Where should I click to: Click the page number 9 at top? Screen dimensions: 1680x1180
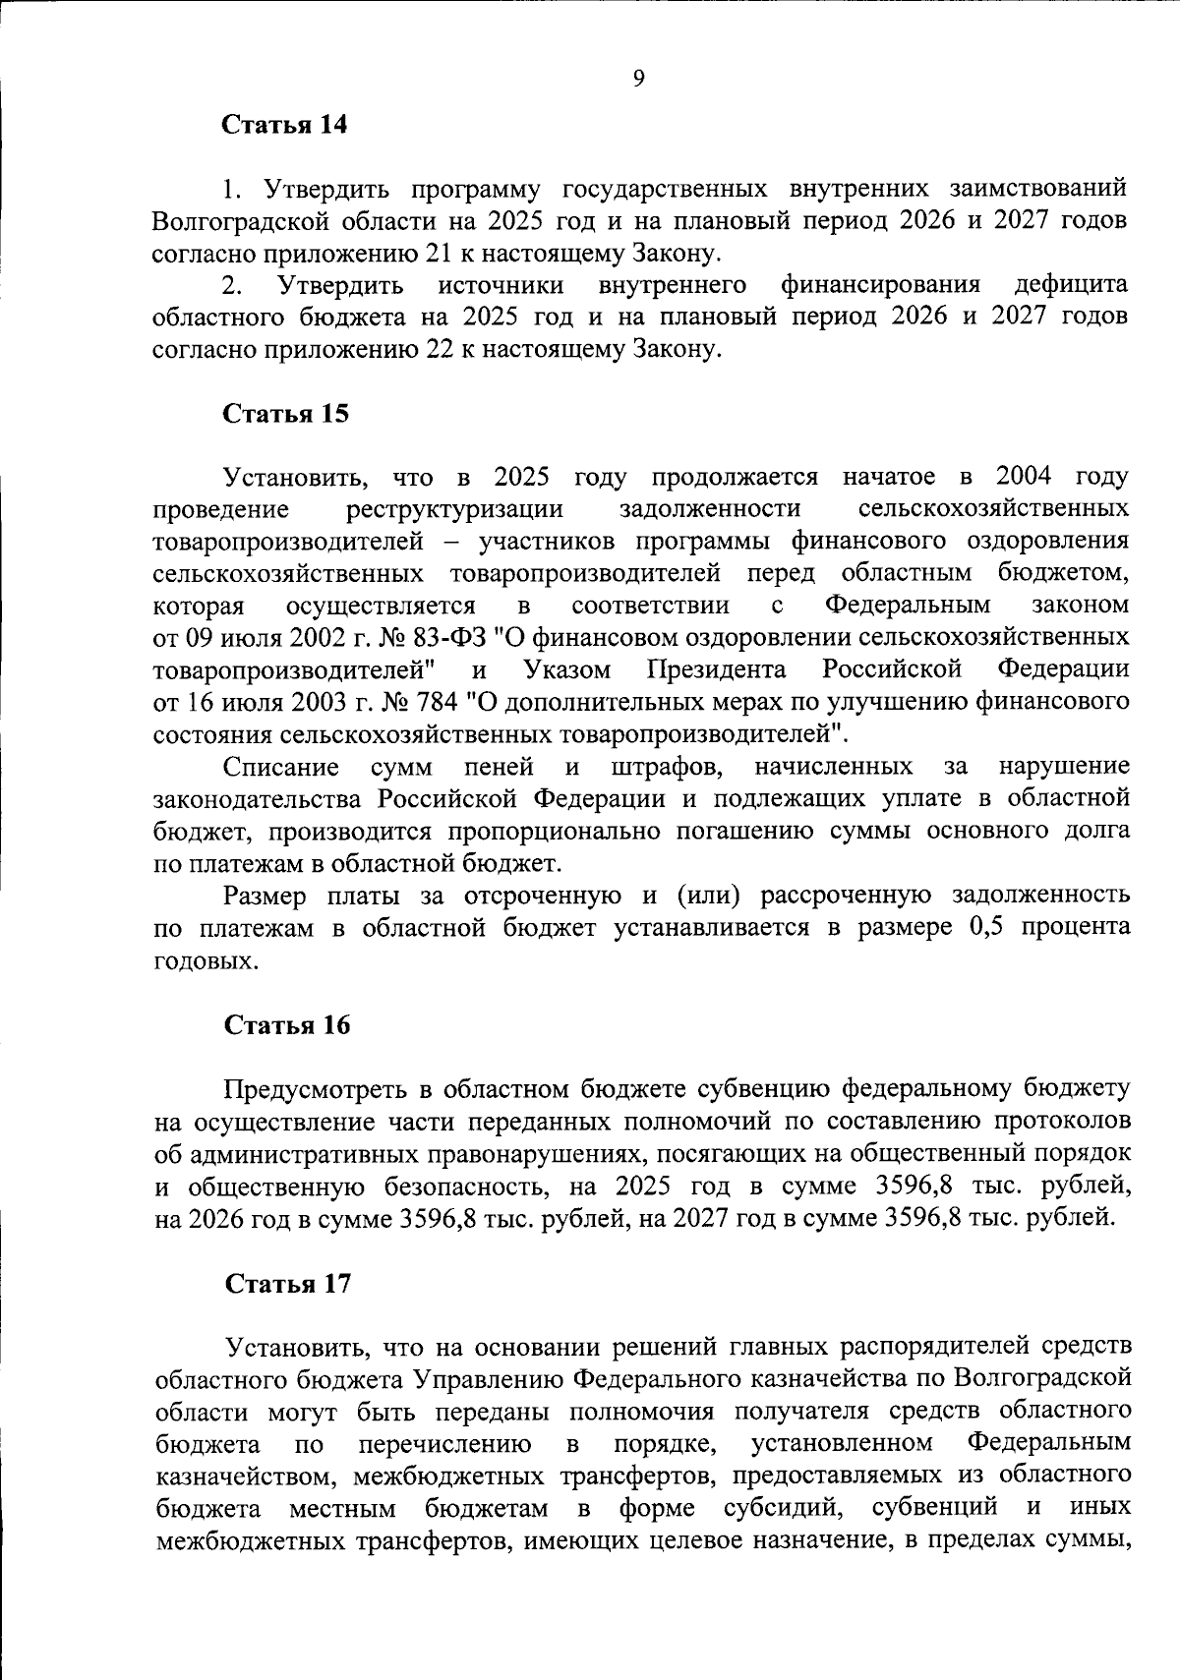click(x=638, y=80)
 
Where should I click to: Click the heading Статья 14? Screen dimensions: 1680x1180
click(x=285, y=125)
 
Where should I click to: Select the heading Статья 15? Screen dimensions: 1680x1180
click(x=286, y=414)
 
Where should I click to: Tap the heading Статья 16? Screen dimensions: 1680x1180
click(x=287, y=1025)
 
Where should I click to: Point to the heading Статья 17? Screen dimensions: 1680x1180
click(x=287, y=1284)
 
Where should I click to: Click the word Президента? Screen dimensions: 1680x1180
click(x=718, y=670)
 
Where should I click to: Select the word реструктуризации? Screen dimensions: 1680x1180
click(x=455, y=509)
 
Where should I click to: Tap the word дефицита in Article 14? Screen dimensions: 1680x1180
click(x=1071, y=286)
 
